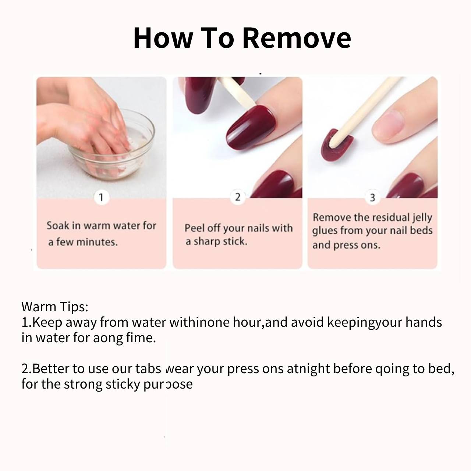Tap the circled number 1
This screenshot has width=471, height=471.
101,197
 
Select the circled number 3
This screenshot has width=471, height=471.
372,198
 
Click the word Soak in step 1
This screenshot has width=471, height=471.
58,226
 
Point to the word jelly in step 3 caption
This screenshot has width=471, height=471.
422,218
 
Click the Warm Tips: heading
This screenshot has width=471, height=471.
54,307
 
